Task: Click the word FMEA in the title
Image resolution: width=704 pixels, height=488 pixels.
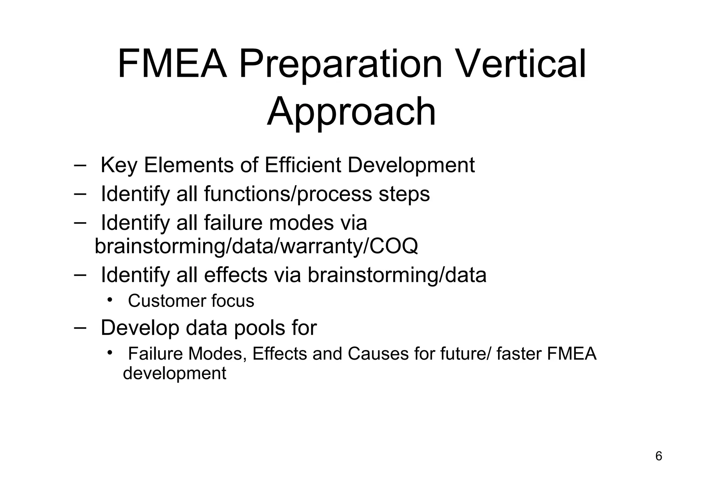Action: point(172,64)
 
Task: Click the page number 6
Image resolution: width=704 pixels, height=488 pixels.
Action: point(659,456)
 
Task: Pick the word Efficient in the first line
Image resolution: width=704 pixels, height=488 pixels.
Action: point(302,165)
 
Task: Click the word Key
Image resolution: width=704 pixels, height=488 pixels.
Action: point(119,166)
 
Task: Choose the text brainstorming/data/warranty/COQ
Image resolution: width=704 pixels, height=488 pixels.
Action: point(256,246)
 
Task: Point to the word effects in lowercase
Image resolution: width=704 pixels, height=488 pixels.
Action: point(235,275)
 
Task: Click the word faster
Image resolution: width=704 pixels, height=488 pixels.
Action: point(519,354)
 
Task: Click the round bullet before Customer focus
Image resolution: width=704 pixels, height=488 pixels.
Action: point(110,300)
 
